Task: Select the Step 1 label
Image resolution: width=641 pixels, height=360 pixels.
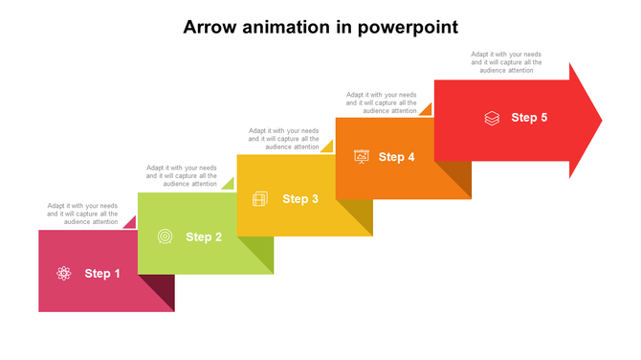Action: point(102,274)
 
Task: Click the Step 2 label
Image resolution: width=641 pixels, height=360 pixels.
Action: point(204,236)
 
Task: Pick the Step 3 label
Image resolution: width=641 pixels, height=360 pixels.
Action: point(300,199)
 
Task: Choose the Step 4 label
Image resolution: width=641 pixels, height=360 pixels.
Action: point(396,157)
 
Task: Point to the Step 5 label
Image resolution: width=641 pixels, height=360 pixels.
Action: point(529,118)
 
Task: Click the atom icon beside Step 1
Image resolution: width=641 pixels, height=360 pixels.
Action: point(64,274)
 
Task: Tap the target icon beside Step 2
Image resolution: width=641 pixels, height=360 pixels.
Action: point(165,236)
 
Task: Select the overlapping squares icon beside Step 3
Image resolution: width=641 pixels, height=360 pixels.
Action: point(259,199)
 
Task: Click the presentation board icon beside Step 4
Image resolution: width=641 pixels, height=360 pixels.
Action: point(362,157)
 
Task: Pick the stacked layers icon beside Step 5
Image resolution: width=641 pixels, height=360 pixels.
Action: point(492,119)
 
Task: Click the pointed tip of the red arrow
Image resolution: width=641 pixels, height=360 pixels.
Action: point(599,121)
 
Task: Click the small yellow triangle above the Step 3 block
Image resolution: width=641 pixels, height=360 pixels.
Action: point(327,147)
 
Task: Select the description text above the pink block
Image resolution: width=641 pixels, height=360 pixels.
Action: point(83,214)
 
